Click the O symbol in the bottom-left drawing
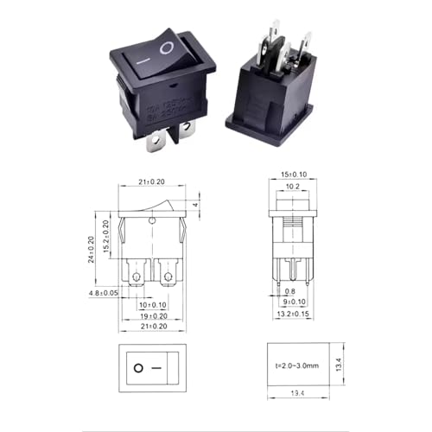click(x=138, y=368)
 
